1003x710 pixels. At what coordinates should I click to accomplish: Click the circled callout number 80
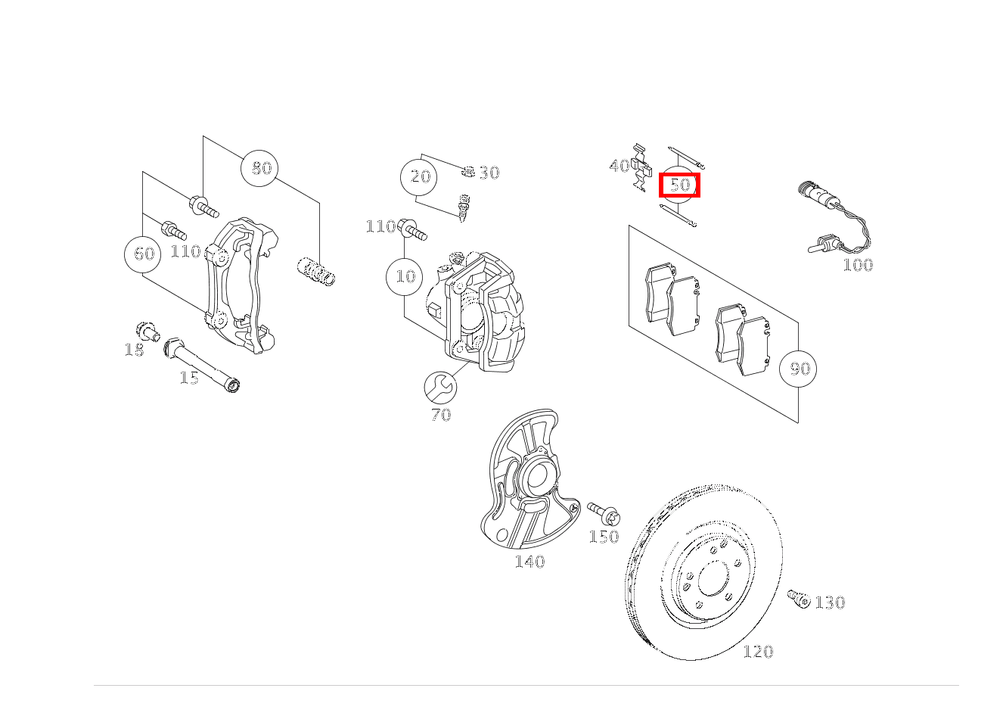(259, 168)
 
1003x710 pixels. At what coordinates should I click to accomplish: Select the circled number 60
(144, 254)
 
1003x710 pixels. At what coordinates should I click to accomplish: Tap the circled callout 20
(420, 177)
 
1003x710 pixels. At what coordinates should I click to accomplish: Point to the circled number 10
(405, 276)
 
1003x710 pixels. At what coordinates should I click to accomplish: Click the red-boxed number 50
(680, 185)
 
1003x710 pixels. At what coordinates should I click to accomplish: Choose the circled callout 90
(799, 369)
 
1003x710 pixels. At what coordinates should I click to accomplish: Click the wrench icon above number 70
(440, 388)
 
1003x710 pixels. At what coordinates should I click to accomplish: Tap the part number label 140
(529, 562)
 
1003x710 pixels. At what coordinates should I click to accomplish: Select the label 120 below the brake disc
(758, 652)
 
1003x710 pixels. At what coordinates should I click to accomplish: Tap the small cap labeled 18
(146, 331)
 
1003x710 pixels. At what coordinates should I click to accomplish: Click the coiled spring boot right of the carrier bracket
(316, 272)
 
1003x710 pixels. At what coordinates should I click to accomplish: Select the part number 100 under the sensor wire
(858, 265)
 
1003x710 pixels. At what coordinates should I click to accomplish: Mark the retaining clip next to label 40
(641, 168)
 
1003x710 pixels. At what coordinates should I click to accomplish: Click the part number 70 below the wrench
(441, 415)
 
